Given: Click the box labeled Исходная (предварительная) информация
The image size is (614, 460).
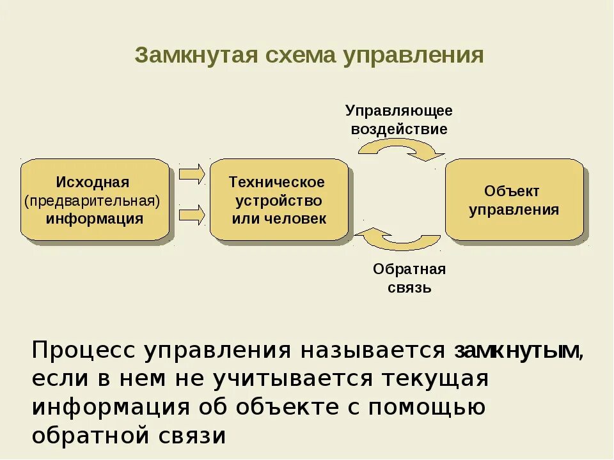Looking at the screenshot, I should coord(95,199).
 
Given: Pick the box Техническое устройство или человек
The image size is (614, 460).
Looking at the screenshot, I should coord(278,199).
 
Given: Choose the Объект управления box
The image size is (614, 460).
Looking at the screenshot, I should coord(514,199).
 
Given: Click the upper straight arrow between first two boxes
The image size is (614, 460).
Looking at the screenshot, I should coord(191,173).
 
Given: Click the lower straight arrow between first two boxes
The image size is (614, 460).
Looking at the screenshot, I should coord(191,214).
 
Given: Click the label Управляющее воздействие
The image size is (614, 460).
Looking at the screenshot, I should coord(399,119).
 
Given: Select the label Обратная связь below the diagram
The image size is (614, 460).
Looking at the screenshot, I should coord(409,278).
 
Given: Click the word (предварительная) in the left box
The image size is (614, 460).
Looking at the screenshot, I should coord(92,201).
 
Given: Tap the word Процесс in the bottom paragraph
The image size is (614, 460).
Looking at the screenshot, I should coord(84,351).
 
